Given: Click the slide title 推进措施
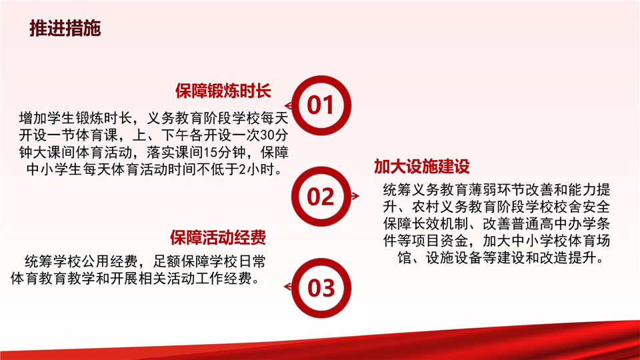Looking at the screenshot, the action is [65, 28].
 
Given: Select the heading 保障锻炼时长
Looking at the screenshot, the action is [223, 91].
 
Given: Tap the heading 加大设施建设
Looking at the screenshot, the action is [422, 167].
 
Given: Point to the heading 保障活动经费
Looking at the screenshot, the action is [218, 237].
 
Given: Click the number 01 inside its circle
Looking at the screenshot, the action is [321, 105].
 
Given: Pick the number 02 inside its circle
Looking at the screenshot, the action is [321, 197].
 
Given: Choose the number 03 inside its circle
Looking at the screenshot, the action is [321, 288].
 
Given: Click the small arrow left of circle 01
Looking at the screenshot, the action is [288, 106].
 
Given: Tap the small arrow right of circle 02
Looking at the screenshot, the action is [355, 196].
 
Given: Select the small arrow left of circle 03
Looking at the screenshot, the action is [288, 287].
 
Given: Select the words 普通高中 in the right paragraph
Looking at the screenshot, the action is [539, 224].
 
